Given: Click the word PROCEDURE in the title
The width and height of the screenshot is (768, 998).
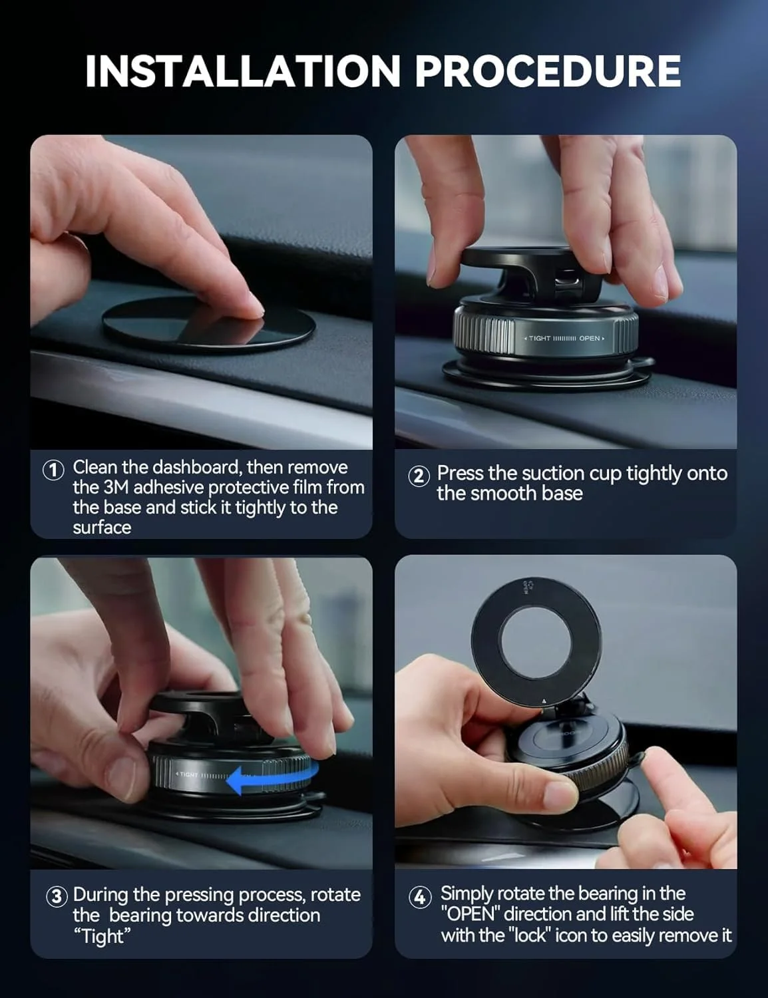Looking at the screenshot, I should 548,71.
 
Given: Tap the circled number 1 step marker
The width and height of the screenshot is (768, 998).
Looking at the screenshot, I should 53,470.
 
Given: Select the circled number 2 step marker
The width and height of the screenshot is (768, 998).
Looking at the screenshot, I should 419,476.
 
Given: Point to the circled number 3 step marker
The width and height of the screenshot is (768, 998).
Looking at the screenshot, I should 57,896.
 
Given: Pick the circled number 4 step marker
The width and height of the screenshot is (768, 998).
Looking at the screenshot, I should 419,897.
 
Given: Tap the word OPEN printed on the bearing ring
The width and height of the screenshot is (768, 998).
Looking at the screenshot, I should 590,339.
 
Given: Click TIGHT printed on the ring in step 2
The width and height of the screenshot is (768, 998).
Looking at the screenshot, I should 540,339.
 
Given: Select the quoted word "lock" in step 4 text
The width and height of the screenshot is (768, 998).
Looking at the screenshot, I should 530,935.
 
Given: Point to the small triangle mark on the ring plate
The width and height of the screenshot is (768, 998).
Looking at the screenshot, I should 544,701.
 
